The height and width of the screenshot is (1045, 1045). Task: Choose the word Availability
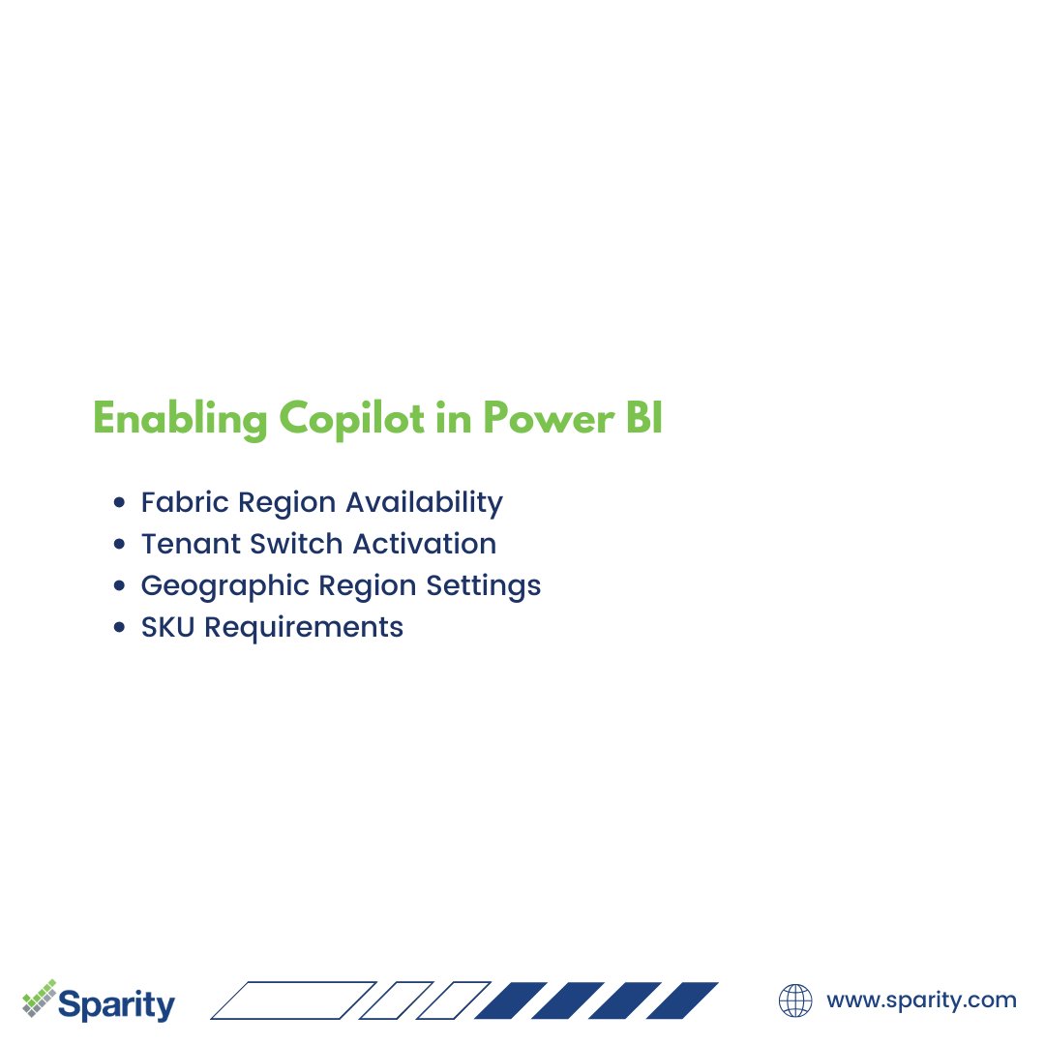pyautogui.click(x=425, y=502)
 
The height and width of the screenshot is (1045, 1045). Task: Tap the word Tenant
pyautogui.click(x=191, y=544)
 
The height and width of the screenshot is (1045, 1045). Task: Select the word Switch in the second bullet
pyautogui.click(x=296, y=544)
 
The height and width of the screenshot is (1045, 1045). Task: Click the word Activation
pyautogui.click(x=425, y=544)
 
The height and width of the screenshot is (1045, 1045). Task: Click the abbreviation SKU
pyautogui.click(x=168, y=627)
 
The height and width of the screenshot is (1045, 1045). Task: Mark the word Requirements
pyautogui.click(x=304, y=627)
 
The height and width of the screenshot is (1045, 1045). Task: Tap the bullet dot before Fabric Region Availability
pyautogui.click(x=119, y=503)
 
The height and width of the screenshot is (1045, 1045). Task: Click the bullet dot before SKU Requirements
pyautogui.click(x=119, y=628)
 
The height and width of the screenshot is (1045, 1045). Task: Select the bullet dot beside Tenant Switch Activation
pyautogui.click(x=119, y=545)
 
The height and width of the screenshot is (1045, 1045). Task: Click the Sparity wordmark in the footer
pyautogui.click(x=116, y=1003)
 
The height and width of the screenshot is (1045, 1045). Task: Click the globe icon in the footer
pyautogui.click(x=795, y=1000)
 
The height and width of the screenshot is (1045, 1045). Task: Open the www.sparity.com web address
pyautogui.click(x=921, y=1000)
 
